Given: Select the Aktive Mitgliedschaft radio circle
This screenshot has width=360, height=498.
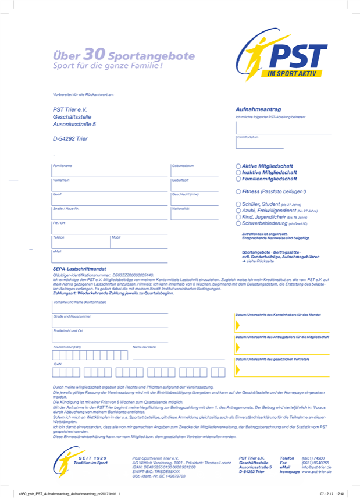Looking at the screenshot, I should tap(238, 166).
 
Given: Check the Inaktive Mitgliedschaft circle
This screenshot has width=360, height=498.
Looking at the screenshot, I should tap(238, 173).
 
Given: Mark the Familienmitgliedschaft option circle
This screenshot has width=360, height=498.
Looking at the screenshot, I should tap(238, 179).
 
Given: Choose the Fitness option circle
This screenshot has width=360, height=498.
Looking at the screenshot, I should tap(238, 191).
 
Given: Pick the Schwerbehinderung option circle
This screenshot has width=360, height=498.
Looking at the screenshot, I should tap(238, 223).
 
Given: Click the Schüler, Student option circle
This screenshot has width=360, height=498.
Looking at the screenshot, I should tap(238, 204).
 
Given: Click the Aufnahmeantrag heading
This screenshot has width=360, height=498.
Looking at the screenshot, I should tap(258, 109).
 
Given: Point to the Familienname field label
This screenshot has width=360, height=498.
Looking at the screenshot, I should tap(63, 166).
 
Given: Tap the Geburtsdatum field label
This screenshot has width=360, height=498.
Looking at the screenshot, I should tap(183, 166).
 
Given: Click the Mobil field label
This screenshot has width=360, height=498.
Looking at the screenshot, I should tap(116, 237).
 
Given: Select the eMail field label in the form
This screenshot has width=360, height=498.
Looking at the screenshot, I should tap(57, 251).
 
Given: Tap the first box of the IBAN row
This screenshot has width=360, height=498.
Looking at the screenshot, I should tap(56, 372).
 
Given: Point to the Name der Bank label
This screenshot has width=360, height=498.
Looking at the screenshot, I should tap(144, 347).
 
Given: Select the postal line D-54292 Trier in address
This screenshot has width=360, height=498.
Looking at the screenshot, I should tap(70, 139).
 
